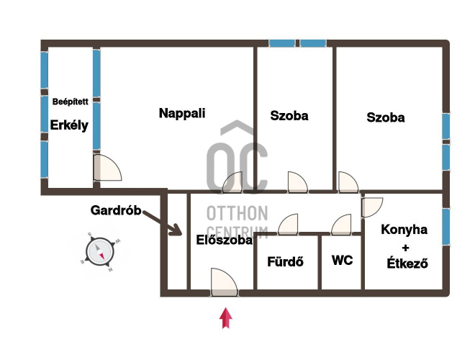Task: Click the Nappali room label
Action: point(182,113)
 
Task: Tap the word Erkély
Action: point(69,125)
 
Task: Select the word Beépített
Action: point(71,102)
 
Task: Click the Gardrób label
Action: point(116,210)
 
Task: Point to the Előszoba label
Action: point(224,240)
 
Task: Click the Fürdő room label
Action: point(286,261)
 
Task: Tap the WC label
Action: point(343,261)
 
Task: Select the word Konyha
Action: point(404,230)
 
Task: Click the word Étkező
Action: point(407,263)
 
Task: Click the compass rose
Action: point(100,252)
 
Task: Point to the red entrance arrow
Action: point(226,318)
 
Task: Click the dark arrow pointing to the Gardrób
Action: point(162,222)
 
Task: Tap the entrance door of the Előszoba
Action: point(224,282)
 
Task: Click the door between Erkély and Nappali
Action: point(107,168)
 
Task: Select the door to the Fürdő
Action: point(288,225)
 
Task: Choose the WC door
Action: point(341,225)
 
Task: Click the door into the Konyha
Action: point(372,207)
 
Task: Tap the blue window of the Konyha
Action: point(445,226)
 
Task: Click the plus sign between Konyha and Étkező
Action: point(405,248)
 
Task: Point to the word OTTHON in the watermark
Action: point(237,213)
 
